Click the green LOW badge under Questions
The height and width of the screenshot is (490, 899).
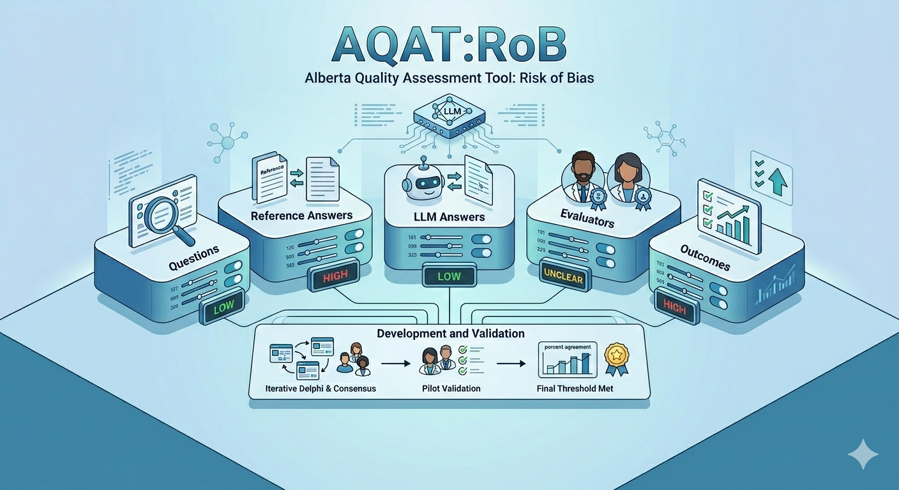223,307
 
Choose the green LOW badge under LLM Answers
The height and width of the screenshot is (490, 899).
449,277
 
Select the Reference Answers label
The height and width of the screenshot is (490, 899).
301,216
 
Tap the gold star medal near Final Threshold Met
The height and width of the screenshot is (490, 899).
616,356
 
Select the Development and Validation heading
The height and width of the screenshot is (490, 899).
450,334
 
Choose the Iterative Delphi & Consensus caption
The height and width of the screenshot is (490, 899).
321,388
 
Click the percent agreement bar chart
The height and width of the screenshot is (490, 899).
567,361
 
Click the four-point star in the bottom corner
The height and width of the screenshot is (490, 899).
863,454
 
